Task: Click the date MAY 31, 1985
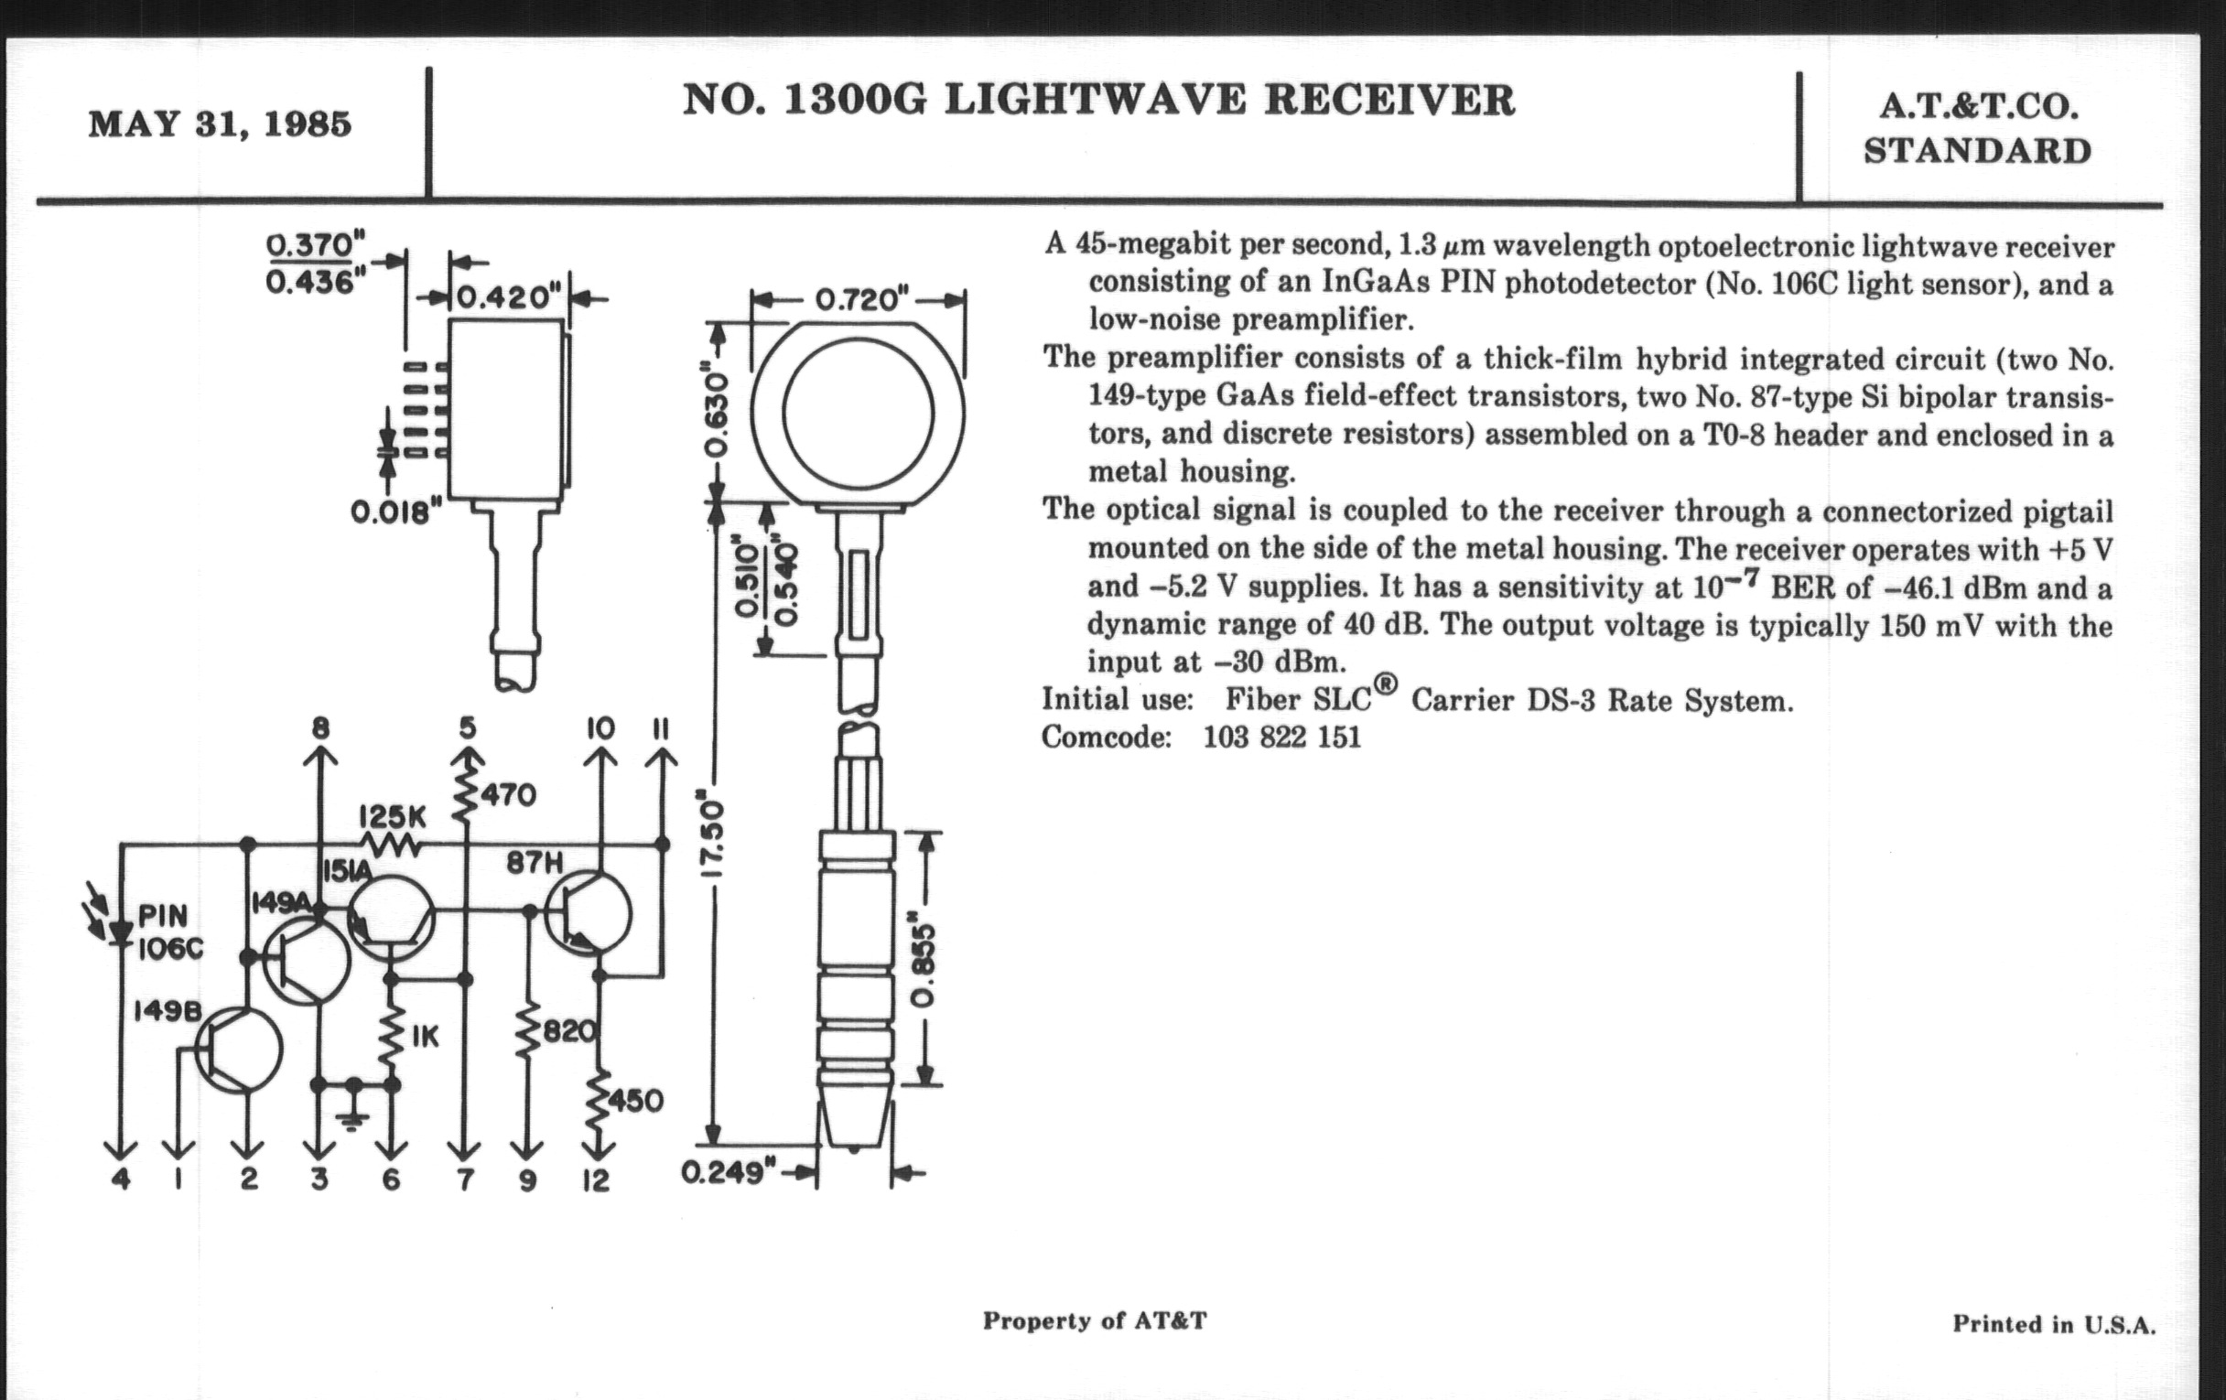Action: (220, 124)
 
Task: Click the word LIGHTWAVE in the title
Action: (1095, 101)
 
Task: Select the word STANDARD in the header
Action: (1977, 151)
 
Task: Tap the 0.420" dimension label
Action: (509, 297)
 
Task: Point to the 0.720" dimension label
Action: (857, 299)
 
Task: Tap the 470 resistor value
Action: (507, 795)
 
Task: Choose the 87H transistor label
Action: (535, 863)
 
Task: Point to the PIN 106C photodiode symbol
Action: (119, 932)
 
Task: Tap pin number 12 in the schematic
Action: (596, 1180)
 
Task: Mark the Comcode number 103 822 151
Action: (1281, 737)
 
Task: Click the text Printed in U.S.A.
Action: (2053, 1324)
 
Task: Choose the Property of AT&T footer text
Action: (1095, 1320)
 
